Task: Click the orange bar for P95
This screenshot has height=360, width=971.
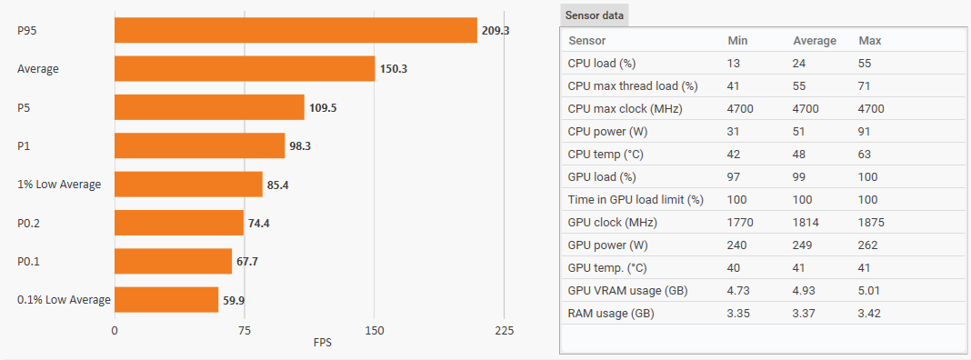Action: pos(296,30)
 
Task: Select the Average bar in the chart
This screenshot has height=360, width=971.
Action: pos(245,68)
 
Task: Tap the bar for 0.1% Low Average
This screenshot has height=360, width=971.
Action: pos(166,300)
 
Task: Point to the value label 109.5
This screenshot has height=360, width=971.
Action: pos(323,107)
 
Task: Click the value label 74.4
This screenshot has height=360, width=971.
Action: pos(259,223)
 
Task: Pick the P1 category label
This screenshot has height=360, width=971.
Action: pos(24,145)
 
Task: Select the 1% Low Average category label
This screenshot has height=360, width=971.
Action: pos(59,184)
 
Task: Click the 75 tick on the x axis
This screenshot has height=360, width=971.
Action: pos(245,330)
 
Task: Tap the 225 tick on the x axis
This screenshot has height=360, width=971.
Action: pos(504,330)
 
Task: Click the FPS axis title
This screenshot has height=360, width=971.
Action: pos(323,342)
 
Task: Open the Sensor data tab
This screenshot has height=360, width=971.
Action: pos(595,15)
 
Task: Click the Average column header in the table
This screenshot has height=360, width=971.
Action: pos(815,41)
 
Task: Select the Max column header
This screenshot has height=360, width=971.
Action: pos(869,41)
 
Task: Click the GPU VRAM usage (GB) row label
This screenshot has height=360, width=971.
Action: pos(628,291)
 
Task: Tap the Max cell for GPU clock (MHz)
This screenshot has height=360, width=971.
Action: pos(871,223)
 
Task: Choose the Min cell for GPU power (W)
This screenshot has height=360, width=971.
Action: pos(737,245)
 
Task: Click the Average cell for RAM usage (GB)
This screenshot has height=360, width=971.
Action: pos(804,314)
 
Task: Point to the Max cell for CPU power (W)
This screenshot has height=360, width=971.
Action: pos(866,131)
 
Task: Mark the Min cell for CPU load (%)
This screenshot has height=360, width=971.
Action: pos(734,64)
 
